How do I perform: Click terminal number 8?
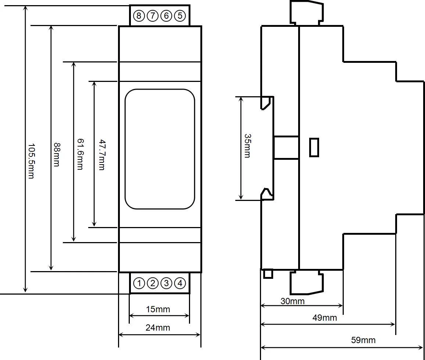pyautogui.click(x=139, y=16)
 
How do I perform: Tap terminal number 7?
pyautogui.click(x=153, y=16)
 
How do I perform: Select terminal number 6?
pyautogui.click(x=166, y=16)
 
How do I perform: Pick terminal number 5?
pyautogui.click(x=180, y=16)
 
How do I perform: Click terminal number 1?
pyautogui.click(x=139, y=283)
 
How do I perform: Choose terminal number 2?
pyautogui.click(x=153, y=283)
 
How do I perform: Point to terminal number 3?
pyautogui.click(x=166, y=283)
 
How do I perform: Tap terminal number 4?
pyautogui.click(x=180, y=283)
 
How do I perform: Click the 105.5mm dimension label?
pyautogui.click(x=32, y=161)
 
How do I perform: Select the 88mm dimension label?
pyautogui.click(x=57, y=155)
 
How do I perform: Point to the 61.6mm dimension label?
pyautogui.click(x=80, y=154)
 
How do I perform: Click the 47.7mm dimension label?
pyautogui.click(x=102, y=155)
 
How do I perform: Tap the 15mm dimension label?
pyautogui.click(x=158, y=309)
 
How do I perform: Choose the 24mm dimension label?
pyautogui.click(x=158, y=328)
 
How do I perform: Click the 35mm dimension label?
pyautogui.click(x=247, y=146)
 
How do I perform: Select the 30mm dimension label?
pyautogui.click(x=292, y=301)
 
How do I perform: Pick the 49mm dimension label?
pyautogui.click(x=325, y=318)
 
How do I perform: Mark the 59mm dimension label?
pyautogui.click(x=363, y=340)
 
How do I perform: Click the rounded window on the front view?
pyautogui.click(x=160, y=89)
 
